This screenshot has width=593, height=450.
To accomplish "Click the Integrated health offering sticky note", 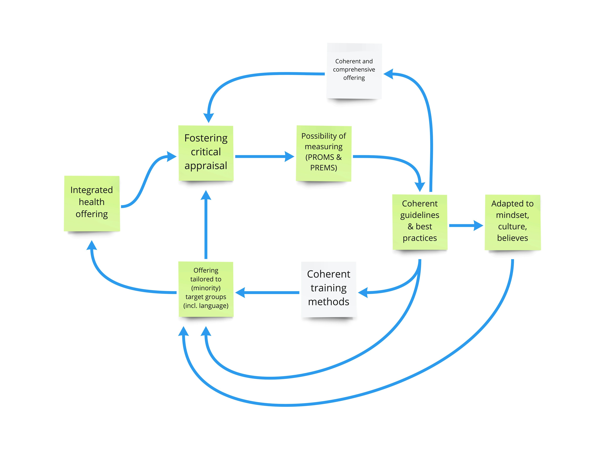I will coord(92,203).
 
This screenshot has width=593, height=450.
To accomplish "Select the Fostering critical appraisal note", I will coord(206,153).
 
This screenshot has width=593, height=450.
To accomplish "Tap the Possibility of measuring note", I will coord(324,153).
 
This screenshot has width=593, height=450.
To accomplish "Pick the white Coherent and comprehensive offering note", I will coord(354,71).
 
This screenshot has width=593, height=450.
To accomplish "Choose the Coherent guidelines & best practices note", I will coord(420,222).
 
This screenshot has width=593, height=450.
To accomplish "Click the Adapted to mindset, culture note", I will coord(513,222).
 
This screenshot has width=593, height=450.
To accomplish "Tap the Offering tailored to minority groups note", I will coord(206,289).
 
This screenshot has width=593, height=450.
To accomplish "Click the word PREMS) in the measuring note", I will coord(324,168).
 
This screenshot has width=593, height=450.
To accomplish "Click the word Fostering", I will coord(206,138).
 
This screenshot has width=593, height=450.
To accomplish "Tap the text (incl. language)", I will coord(206,306).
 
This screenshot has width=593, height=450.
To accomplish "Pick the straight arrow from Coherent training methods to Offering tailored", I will coord(268,292).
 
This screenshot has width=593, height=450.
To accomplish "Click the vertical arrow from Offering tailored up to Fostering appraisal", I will coord(206,228).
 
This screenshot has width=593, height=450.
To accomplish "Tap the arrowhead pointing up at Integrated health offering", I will coord(92,245).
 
